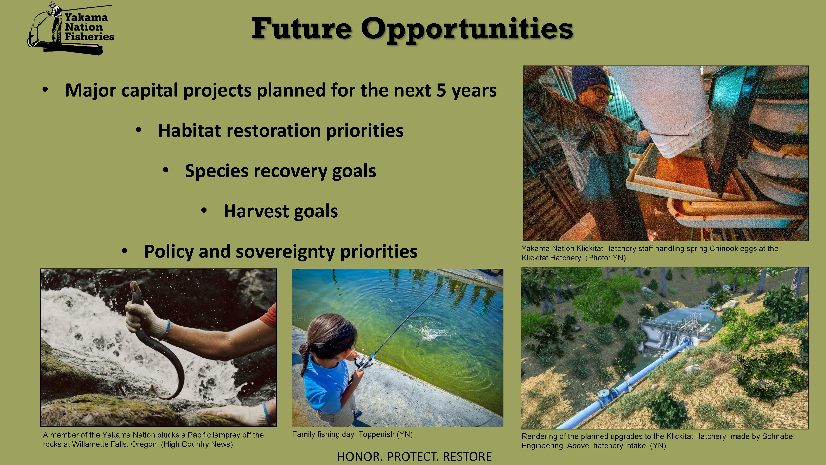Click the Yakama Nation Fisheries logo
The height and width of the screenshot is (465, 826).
[x=71, y=28]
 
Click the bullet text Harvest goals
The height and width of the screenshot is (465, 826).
[x=281, y=211]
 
